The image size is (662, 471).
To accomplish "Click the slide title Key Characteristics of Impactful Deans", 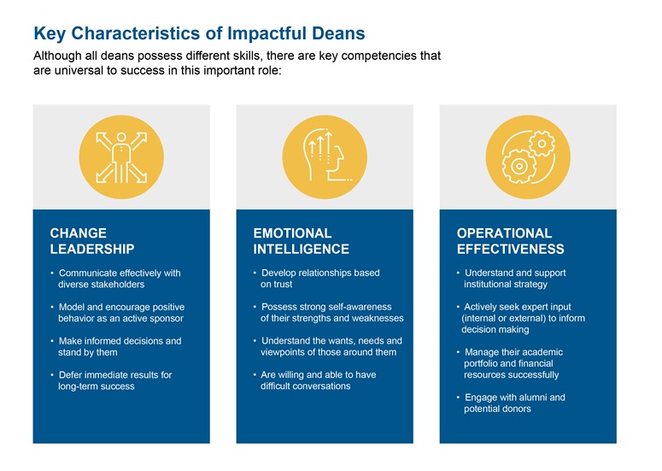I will [198, 33].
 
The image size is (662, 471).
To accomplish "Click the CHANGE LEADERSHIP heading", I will [92, 241].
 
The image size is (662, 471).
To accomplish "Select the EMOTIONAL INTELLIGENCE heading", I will [301, 241].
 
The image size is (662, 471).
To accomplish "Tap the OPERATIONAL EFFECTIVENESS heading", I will [510, 241].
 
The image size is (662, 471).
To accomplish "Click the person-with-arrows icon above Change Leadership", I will [121, 156].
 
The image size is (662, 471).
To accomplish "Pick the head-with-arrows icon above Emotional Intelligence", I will [325, 156].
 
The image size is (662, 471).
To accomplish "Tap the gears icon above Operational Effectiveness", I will [528, 156].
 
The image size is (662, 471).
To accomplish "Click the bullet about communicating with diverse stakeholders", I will [115, 279].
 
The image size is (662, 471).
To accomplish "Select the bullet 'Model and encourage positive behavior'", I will [118, 313].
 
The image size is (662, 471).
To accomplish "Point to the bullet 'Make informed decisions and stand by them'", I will [116, 346].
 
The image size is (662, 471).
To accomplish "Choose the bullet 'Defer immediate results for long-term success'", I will [111, 380].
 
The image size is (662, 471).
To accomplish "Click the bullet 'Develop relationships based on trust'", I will [318, 279].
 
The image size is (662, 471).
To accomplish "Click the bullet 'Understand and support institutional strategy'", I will [513, 279].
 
